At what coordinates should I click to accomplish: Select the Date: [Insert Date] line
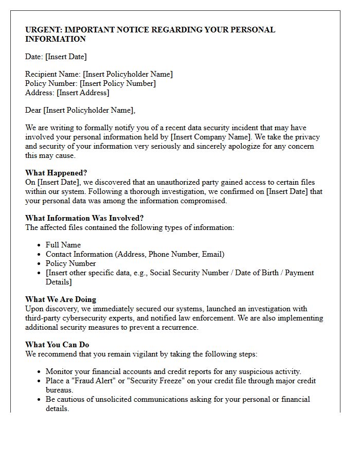coord(56,57)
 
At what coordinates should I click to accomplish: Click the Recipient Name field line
coord(99,74)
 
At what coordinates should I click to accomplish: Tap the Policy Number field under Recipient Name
coord(91,83)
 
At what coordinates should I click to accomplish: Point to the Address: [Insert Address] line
coord(67,93)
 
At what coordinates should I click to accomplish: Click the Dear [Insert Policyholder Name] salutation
coord(80,110)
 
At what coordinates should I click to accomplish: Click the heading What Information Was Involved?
coord(84,218)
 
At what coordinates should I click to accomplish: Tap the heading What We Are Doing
coord(61,299)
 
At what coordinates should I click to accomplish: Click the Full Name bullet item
coord(63,245)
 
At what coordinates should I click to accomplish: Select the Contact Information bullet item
coord(135,254)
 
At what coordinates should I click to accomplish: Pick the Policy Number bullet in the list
coord(70,263)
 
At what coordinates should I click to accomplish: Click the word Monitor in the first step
coord(60,371)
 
